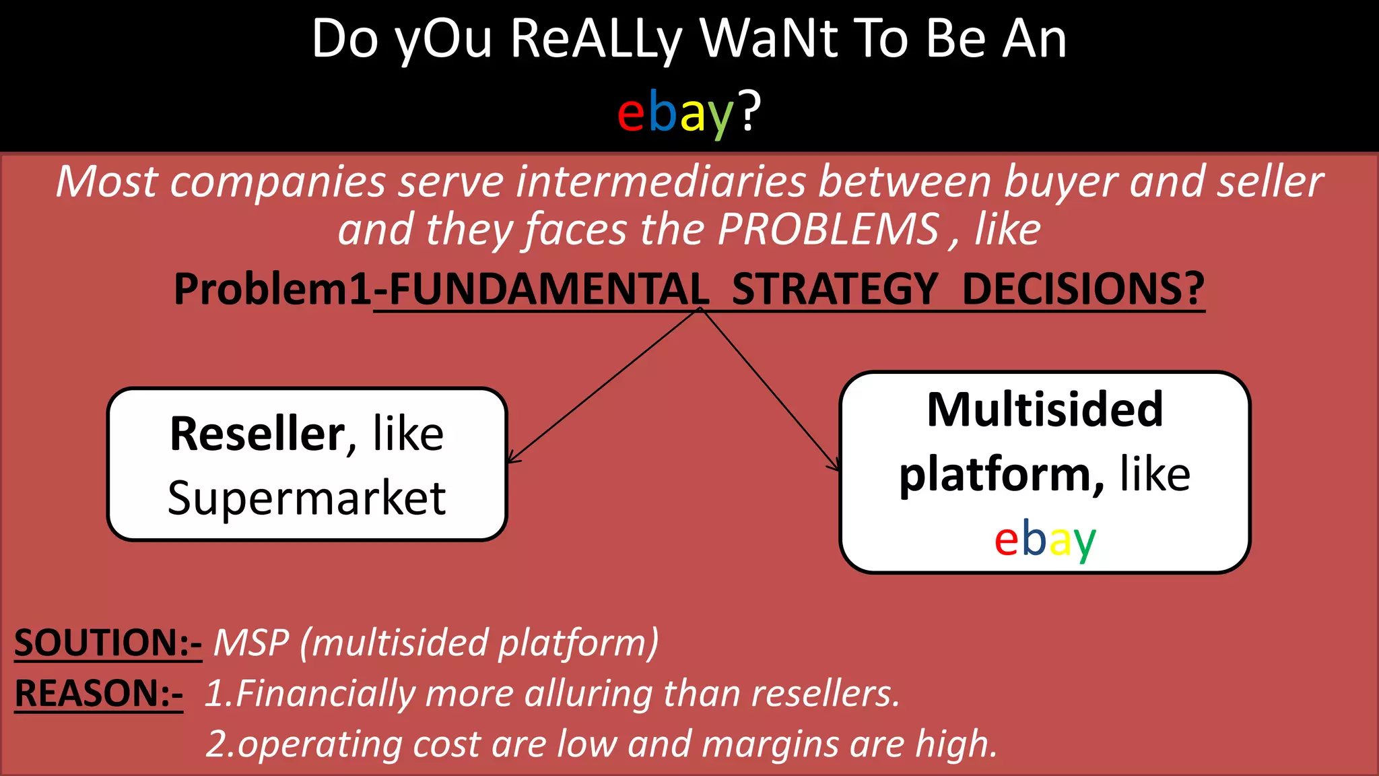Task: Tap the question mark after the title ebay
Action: (x=749, y=110)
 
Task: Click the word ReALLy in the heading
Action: (x=596, y=40)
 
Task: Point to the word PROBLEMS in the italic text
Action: (x=828, y=229)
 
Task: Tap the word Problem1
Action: (x=273, y=290)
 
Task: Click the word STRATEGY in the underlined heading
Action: (x=835, y=290)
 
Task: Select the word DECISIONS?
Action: (x=1083, y=290)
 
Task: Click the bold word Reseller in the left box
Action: (x=257, y=434)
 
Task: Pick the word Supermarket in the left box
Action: (x=306, y=498)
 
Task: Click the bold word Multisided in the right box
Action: (x=1045, y=410)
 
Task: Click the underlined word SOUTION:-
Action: (x=108, y=643)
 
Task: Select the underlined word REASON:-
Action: (x=98, y=694)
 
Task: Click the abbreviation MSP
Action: (x=251, y=643)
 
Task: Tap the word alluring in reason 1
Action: (x=588, y=694)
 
